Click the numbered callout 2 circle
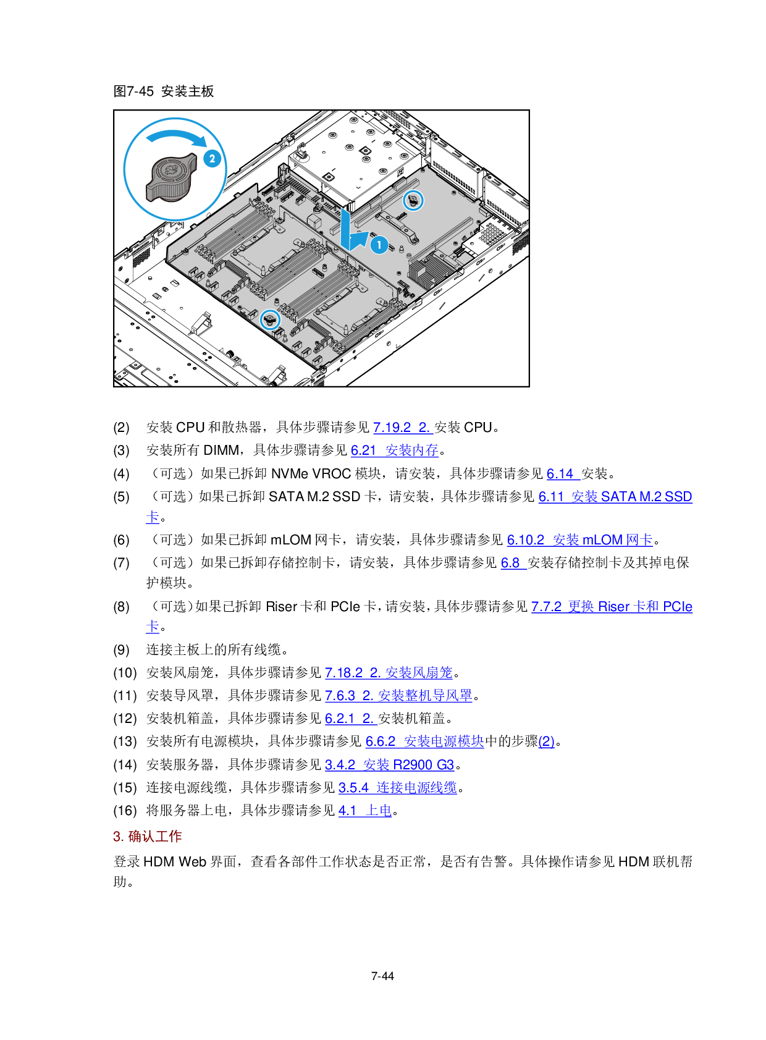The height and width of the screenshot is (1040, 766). [212, 159]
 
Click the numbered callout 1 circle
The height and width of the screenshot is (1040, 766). [379, 245]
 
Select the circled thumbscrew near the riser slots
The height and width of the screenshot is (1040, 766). [413, 200]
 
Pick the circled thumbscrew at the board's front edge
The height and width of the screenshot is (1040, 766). [270, 319]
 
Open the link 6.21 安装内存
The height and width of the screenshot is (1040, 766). [395, 450]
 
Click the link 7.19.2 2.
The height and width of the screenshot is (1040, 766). [403, 428]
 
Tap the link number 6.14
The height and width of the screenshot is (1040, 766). [562, 474]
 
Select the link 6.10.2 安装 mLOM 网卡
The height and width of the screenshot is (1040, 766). [579, 540]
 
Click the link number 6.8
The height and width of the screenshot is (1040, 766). [513, 563]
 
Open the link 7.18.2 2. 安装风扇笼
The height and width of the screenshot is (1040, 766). [389, 673]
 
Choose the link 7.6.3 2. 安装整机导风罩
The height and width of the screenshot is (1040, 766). [398, 696]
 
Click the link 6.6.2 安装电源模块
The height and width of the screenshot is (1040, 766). [424, 742]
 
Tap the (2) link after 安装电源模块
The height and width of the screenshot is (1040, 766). [546, 742]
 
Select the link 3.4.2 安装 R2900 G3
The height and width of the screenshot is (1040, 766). [389, 765]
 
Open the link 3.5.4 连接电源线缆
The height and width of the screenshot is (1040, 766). [397, 788]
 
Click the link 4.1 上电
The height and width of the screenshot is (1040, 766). [364, 811]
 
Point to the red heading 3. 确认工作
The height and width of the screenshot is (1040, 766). [147, 837]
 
